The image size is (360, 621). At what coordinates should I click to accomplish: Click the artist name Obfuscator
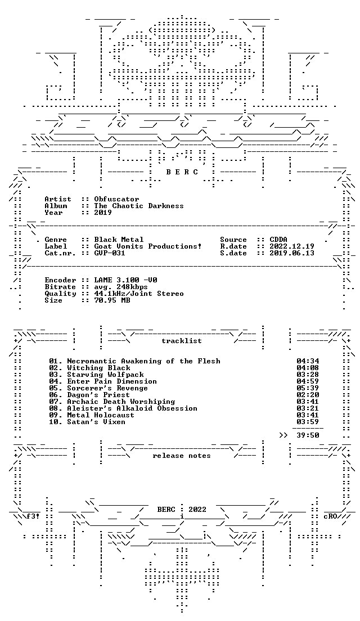pyautogui.click(x=116, y=199)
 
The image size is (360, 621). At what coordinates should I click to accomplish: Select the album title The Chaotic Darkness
pyautogui.click(x=138, y=205)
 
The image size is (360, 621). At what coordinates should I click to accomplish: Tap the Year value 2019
pyautogui.click(x=103, y=212)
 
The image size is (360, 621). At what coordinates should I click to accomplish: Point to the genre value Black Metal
pyautogui.click(x=119, y=239)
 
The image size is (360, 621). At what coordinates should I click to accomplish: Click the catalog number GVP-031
pyautogui.click(x=110, y=253)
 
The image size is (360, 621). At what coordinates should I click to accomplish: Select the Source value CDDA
pyautogui.click(x=278, y=239)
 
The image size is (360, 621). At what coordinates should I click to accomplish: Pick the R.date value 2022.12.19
pyautogui.click(x=292, y=246)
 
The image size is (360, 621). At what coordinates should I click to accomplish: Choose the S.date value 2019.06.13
pyautogui.click(x=292, y=253)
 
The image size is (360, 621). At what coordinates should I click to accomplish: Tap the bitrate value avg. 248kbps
pyautogui.click(x=121, y=287)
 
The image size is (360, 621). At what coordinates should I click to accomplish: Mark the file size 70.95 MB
pyautogui.click(x=112, y=300)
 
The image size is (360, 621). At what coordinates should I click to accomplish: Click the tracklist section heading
pyautogui.click(x=181, y=341)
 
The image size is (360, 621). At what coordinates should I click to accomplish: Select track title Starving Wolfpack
pyautogui.click(x=105, y=374)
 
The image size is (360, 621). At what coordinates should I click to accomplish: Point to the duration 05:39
pyautogui.click(x=308, y=388)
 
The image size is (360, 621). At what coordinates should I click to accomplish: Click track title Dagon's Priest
pyautogui.click(x=98, y=394)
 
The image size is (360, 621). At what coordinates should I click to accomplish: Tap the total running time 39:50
pyautogui.click(x=308, y=435)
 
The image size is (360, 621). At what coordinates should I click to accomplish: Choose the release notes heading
pyautogui.click(x=181, y=456)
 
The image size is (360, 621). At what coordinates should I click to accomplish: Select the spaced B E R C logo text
pyautogui.click(x=182, y=172)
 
